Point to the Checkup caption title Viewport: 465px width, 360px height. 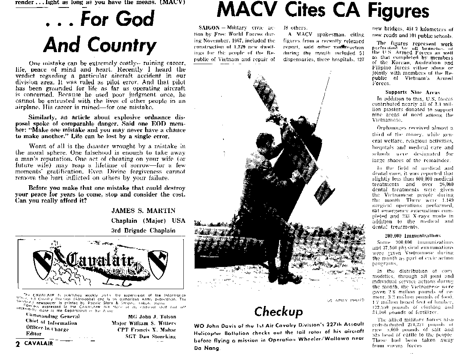(x=278, y=312)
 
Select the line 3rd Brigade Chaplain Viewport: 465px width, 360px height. (x=143, y=230)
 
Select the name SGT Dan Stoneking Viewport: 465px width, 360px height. (x=150, y=336)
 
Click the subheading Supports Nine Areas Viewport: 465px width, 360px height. (x=412, y=92)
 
